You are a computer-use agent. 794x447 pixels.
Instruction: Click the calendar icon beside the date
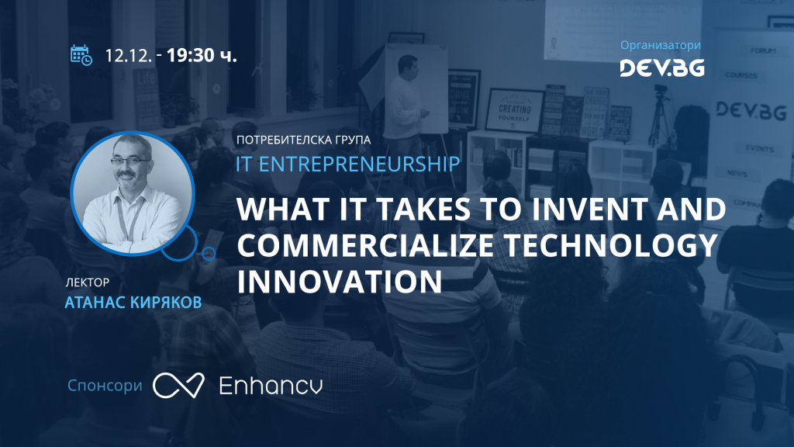click(x=81, y=55)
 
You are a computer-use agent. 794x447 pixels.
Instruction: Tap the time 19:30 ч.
click(x=201, y=56)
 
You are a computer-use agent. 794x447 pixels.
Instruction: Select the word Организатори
click(x=661, y=45)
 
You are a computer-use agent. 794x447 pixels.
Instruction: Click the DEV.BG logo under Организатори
click(x=661, y=68)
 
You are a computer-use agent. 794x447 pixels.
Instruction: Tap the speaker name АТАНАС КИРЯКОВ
click(x=134, y=301)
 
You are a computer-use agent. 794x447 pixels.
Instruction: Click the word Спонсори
click(x=105, y=385)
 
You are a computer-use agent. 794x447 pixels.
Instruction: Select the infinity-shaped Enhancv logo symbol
click(x=178, y=385)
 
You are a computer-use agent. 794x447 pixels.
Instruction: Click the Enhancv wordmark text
click(x=271, y=385)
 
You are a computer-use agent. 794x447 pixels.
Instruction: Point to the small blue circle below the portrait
click(x=208, y=253)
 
